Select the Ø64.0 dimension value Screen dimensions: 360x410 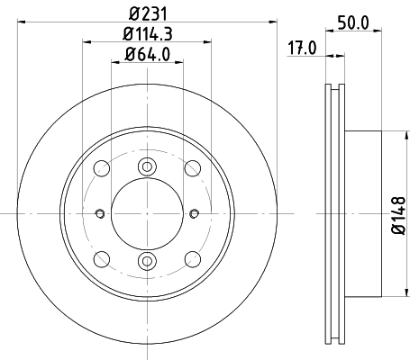(146, 57)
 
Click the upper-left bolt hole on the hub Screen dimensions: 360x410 (101, 167)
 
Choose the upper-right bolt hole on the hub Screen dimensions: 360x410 (191, 167)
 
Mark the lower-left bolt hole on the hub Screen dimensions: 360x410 (101, 259)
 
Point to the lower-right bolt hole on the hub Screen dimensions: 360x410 (191, 259)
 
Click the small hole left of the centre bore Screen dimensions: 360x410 (97, 213)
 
